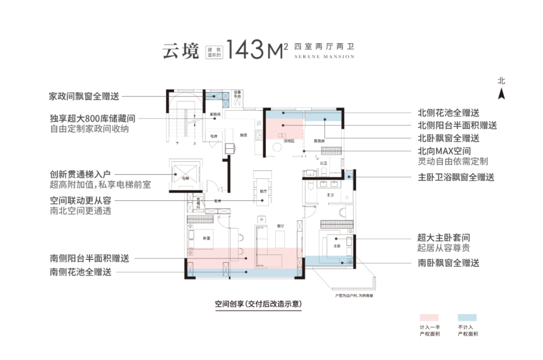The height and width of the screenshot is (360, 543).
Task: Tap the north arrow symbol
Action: (x=501, y=94)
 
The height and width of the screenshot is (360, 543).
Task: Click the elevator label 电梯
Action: (x=186, y=178)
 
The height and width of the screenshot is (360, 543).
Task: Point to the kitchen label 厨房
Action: (x=243, y=135)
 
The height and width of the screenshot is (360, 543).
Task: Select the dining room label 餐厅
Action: (x=262, y=191)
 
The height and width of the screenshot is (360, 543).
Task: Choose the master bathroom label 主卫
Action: (x=330, y=195)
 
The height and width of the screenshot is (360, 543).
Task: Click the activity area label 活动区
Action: (x=288, y=141)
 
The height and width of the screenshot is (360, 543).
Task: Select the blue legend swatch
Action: (x=467, y=318)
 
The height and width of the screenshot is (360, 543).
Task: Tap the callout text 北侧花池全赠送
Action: (x=448, y=113)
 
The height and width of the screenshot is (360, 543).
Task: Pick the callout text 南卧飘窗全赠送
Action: (x=448, y=262)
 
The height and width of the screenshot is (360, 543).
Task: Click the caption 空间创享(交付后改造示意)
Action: (x=258, y=304)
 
